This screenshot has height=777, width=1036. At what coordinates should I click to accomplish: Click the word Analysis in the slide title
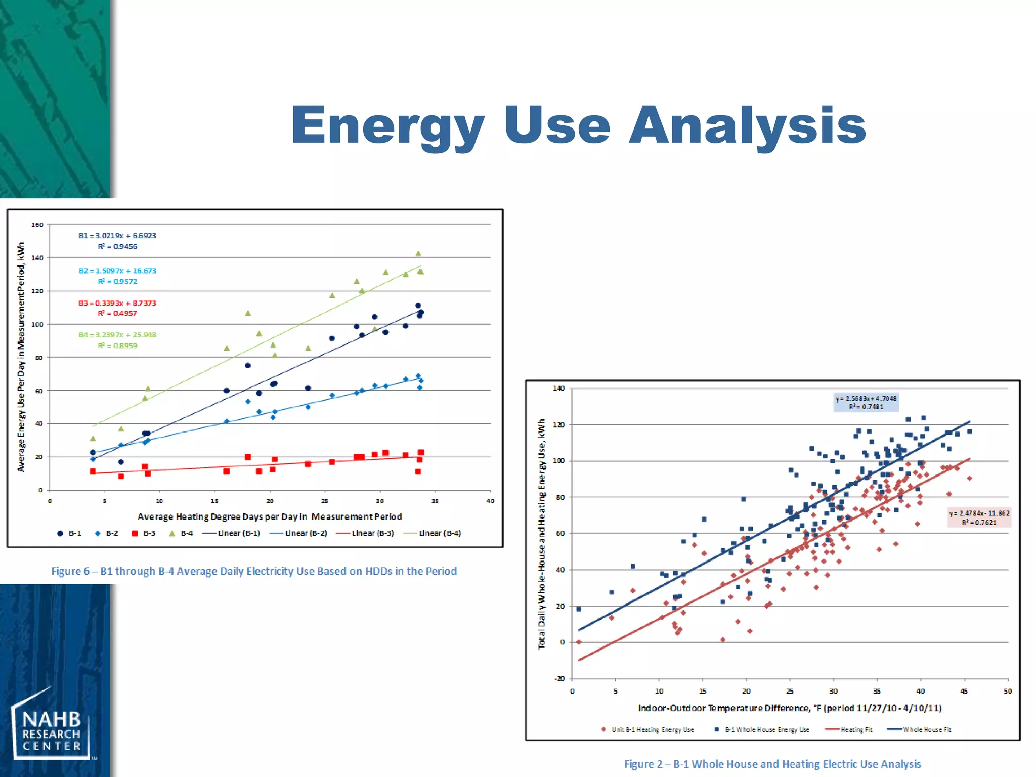pos(747,125)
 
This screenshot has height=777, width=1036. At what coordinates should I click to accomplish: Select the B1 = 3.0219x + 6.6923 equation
pos(117,236)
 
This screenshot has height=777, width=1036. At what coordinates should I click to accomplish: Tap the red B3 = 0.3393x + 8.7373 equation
pos(117,303)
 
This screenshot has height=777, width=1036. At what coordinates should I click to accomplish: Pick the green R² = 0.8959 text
pos(117,346)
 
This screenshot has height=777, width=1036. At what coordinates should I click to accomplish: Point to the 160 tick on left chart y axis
pos(37,225)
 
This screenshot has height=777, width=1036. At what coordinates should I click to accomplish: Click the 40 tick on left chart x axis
pos(490,501)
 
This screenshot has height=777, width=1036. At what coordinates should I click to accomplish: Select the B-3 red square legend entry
pos(144,533)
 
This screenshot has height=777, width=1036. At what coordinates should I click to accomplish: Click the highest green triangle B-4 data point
pos(418,254)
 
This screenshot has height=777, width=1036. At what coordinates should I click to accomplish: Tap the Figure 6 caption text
pos(254,571)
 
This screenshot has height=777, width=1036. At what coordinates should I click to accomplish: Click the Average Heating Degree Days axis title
pos(270,516)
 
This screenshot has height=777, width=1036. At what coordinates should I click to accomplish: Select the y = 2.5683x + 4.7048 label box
pos(866,403)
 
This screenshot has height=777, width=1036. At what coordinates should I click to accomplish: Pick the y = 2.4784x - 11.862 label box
pos(979,517)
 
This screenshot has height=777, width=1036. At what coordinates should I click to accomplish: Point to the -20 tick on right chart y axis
pos(559,679)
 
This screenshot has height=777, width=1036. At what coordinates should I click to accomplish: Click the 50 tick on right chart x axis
pos(1007,692)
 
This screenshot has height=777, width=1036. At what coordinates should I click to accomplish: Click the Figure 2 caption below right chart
pos(772,764)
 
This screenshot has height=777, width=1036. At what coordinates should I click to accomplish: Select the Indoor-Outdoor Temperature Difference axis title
pos(790,708)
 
